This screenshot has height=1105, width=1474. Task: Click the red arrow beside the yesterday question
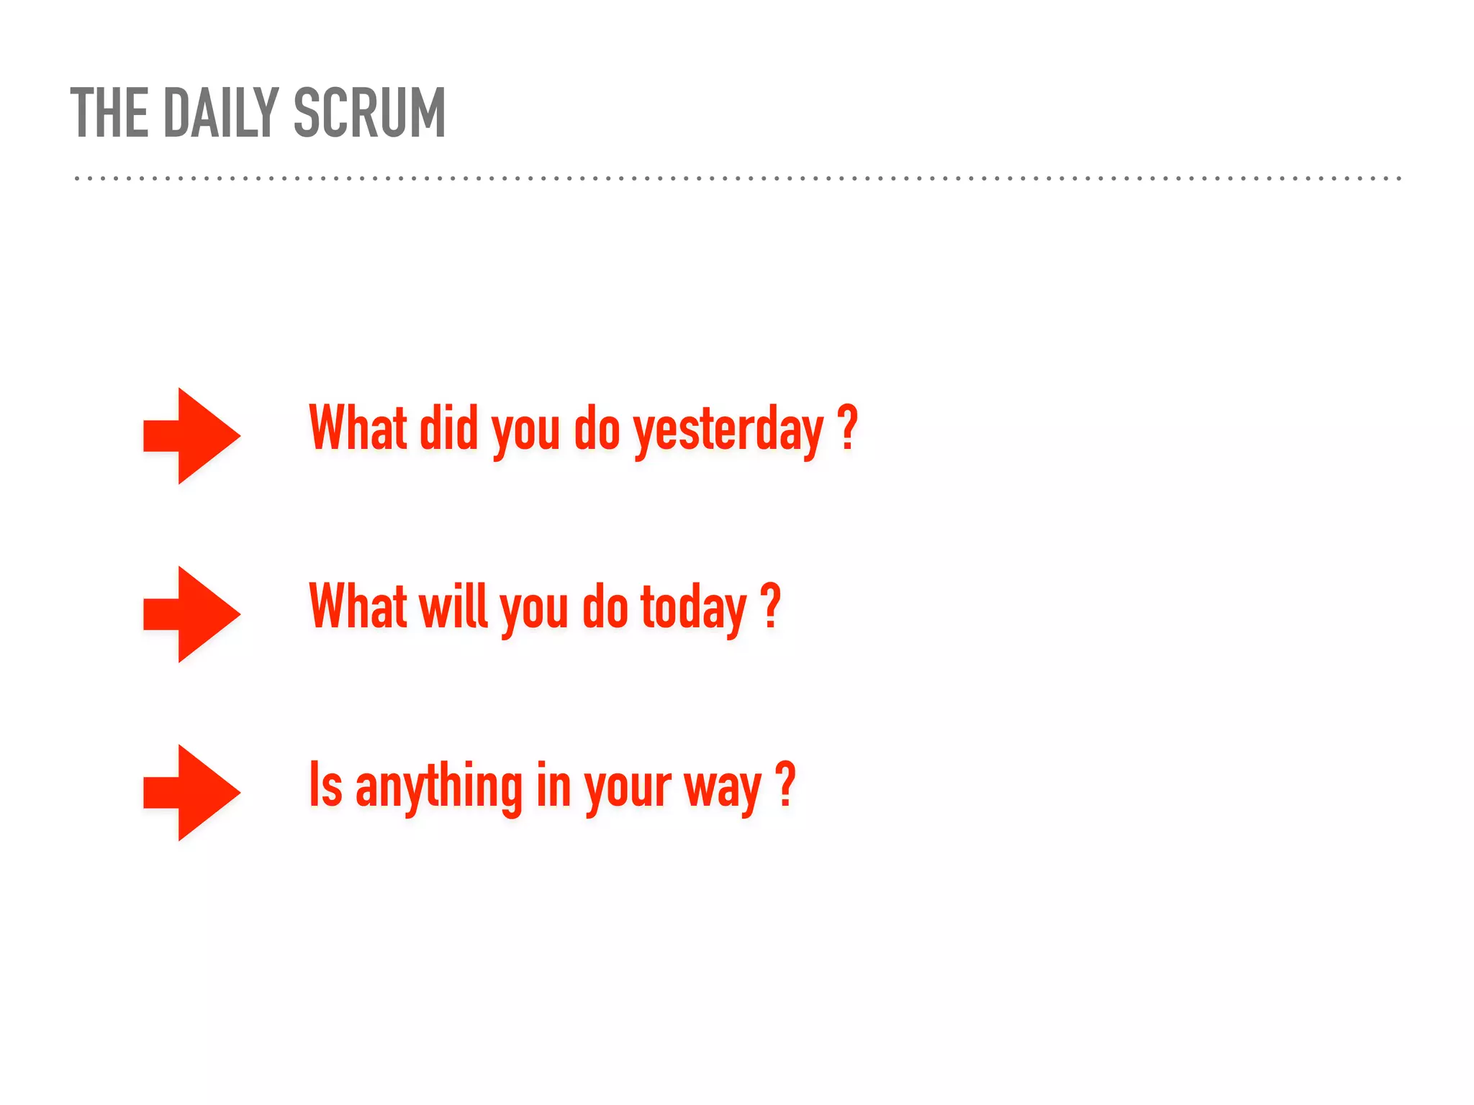tap(191, 435)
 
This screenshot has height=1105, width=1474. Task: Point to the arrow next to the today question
tap(191, 614)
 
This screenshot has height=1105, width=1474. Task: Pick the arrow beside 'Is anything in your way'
tap(191, 792)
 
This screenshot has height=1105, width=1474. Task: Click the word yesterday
tap(728, 429)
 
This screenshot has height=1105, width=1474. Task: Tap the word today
tap(693, 608)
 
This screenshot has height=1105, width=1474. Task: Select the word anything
tap(438, 786)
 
